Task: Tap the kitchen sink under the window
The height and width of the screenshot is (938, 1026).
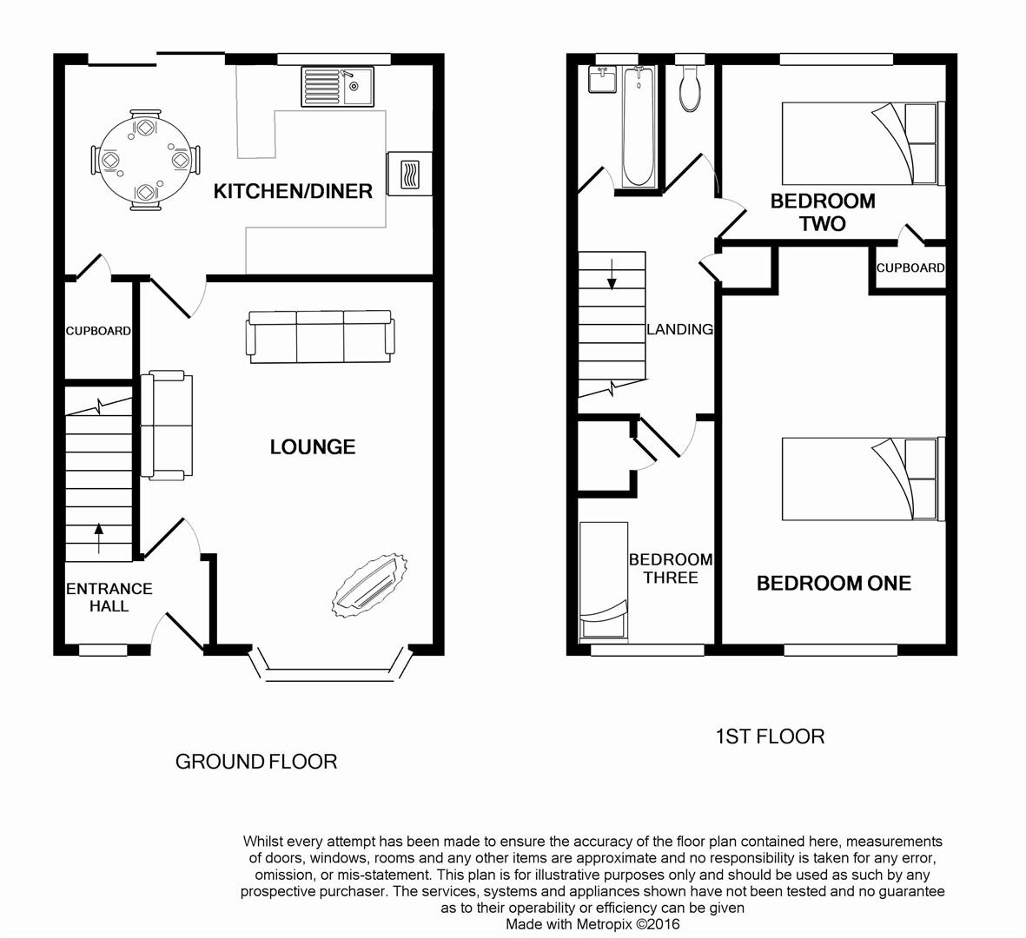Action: (x=337, y=86)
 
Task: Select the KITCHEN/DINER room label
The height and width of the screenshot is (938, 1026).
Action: (x=293, y=191)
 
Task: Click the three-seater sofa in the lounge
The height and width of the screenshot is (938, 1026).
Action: (x=321, y=336)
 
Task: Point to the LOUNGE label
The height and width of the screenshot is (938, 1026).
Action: (x=312, y=447)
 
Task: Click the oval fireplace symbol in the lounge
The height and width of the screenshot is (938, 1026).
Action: (x=370, y=588)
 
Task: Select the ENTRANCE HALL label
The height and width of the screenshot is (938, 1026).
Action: (x=109, y=598)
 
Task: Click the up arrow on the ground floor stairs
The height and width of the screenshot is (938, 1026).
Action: (x=98, y=538)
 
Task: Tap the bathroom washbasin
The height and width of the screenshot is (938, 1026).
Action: (x=602, y=80)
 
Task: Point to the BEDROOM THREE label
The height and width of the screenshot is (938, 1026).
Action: (x=670, y=569)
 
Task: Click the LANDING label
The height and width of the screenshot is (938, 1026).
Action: (x=679, y=329)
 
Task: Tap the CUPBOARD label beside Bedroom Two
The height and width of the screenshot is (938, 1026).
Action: (x=910, y=268)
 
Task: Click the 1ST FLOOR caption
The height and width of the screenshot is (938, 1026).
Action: (x=769, y=737)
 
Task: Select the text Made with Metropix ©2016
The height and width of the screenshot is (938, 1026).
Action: (x=592, y=924)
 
